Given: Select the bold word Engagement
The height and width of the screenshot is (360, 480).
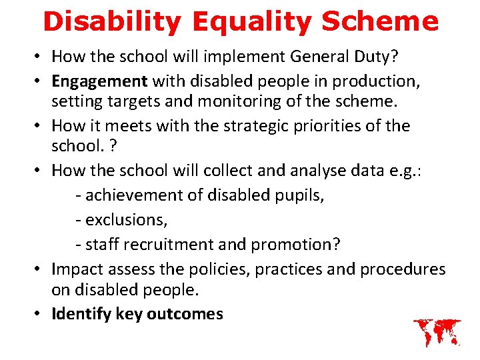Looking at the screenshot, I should click(x=99, y=81).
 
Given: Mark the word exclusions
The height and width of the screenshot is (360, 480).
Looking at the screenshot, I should click(x=120, y=220).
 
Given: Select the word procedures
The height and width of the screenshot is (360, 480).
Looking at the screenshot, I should click(x=402, y=269).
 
